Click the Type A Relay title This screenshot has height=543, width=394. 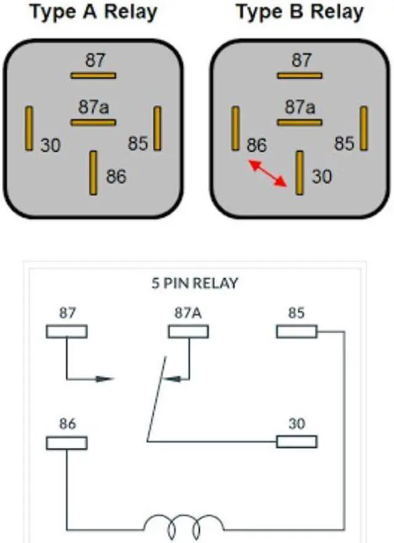coord(94,12)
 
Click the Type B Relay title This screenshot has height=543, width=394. coord(300,12)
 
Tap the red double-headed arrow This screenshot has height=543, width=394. coord(267,173)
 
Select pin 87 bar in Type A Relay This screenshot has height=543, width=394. coord(93,76)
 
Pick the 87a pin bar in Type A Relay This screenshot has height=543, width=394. coord(93,123)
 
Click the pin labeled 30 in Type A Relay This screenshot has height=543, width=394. coord(28,128)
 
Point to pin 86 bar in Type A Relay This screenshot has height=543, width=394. coord(94,173)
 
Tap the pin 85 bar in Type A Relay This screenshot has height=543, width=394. coord(158,128)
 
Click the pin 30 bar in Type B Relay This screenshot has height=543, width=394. coord(300,173)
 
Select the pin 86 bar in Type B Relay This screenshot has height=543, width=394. coord(235,128)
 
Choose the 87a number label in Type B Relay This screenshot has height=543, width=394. coord(300,107)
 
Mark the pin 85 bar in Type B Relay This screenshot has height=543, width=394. coord(364,128)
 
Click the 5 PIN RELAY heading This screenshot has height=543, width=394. coord(195,284)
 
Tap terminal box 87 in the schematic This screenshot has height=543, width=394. coord(66,332)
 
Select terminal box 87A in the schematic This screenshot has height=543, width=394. coord(188,332)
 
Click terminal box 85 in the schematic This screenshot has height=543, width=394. coord(296,332)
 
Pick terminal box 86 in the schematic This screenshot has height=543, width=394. coord(66,443)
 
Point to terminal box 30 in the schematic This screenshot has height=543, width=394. coord(296,441)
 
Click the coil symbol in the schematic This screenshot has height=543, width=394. coord(184,526)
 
